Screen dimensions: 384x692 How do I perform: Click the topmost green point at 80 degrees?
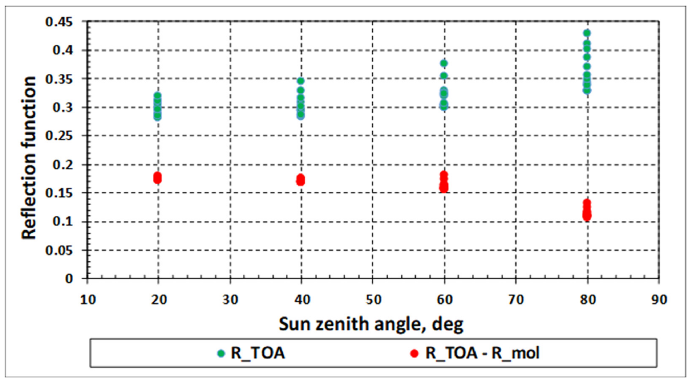pyautogui.click(x=587, y=33)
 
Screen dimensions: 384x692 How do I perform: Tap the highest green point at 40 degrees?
pyautogui.click(x=301, y=81)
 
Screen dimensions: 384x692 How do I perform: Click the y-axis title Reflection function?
pyautogui.click(x=29, y=158)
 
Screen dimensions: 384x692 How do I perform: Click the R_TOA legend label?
pyautogui.click(x=258, y=353)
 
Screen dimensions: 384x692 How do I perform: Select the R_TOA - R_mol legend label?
pyautogui.click(x=482, y=353)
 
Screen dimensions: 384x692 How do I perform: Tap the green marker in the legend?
pyautogui.click(x=221, y=353)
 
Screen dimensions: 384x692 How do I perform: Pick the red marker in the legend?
pyautogui.click(x=414, y=353)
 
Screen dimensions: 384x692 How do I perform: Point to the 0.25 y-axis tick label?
pyautogui.click(x=59, y=136)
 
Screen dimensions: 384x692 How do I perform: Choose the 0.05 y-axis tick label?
pyautogui.click(x=59, y=250)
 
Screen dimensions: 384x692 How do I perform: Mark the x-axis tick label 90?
pyautogui.click(x=659, y=300)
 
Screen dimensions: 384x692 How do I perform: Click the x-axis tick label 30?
pyautogui.click(x=230, y=300)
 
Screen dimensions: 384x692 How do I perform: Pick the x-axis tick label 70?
pyautogui.click(x=516, y=300)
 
